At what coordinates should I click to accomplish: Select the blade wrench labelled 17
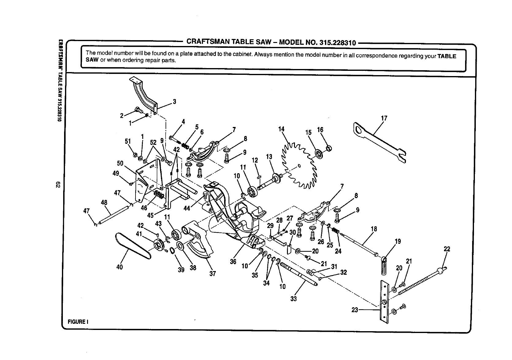(x=380, y=143)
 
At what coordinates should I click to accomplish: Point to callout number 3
(x=174, y=101)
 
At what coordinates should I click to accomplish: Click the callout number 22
(x=447, y=249)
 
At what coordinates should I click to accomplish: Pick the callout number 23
(x=355, y=310)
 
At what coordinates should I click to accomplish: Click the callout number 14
(x=281, y=129)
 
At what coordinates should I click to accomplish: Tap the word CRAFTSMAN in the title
(x=206, y=41)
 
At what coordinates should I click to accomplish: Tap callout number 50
(x=120, y=163)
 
